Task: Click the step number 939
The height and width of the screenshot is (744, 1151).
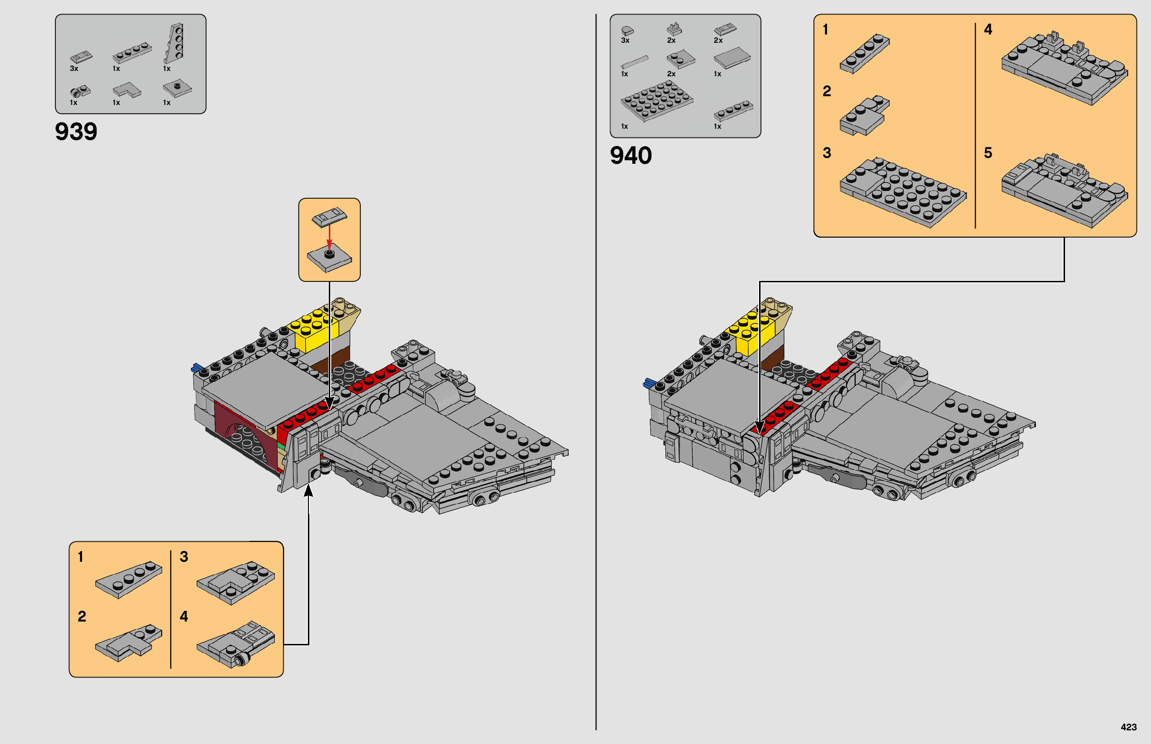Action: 76,132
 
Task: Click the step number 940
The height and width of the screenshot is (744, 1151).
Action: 630,156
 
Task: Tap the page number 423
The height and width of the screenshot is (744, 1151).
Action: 1128,727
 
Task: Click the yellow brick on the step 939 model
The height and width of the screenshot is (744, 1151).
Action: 311,330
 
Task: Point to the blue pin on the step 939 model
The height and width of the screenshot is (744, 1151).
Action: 196,368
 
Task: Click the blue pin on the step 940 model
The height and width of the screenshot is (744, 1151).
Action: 648,383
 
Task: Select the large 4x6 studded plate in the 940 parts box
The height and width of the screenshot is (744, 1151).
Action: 656,101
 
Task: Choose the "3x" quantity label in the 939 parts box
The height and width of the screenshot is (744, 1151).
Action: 74,69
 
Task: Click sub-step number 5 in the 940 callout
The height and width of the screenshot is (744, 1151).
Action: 988,153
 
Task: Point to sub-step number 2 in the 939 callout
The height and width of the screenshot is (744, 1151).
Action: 82,616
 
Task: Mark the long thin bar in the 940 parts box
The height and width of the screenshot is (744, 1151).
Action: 634,62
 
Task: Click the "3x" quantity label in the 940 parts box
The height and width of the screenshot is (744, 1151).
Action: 625,40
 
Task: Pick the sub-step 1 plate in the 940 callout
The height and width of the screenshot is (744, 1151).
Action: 864,53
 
